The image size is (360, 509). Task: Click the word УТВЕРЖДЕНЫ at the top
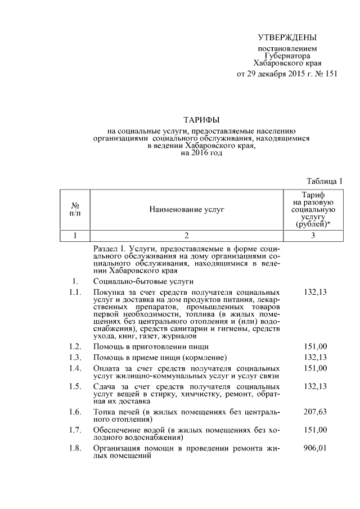pos(287,38)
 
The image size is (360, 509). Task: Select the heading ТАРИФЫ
pos(201,120)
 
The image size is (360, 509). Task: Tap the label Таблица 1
pos(325,181)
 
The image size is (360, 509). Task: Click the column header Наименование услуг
pos(186,209)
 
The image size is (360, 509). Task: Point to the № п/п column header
pos(75,209)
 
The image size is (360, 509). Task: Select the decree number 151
pos(331,75)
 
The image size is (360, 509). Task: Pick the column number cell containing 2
pos(186,235)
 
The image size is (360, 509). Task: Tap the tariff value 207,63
pos(314,412)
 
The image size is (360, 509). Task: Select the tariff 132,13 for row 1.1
pos(314,292)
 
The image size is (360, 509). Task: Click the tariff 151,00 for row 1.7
pos(314,430)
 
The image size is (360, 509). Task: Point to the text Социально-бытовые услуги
pos(143,281)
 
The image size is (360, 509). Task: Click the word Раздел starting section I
pos(105,248)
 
